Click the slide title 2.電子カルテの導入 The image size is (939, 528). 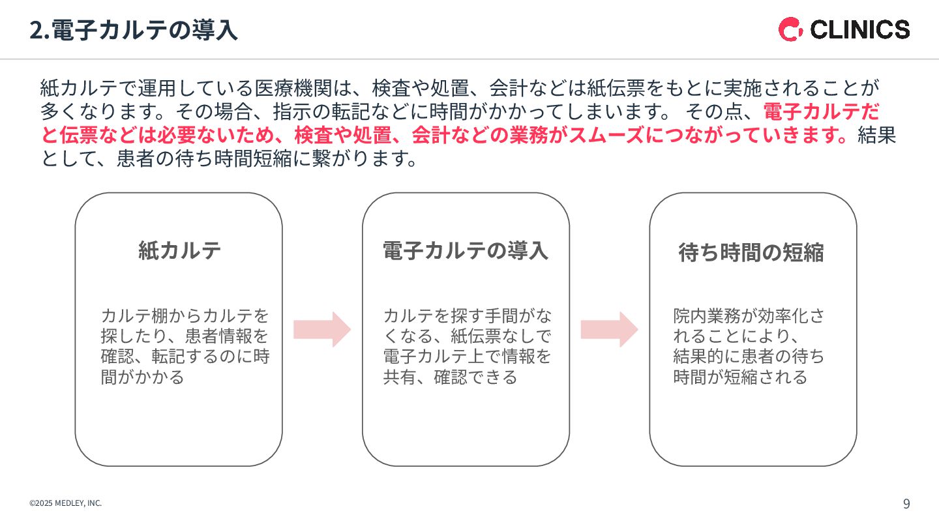coord(133,30)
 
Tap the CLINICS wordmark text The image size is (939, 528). coord(859,30)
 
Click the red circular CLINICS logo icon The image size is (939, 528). coord(790,30)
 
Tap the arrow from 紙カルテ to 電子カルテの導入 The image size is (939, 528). coord(322,329)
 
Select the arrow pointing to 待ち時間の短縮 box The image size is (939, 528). coord(609,329)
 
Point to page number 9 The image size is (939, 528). coord(906,503)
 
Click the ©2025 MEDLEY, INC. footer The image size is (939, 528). coord(65,503)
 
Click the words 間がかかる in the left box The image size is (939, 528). coord(143,377)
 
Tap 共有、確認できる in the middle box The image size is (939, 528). coord(450,377)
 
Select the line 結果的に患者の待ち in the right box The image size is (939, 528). coord(749,357)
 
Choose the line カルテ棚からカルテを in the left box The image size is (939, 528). coord(185,316)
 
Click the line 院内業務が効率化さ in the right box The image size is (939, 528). coord(749,316)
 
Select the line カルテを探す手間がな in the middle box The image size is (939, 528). coord(467,316)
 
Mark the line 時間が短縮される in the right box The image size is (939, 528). coord(740,377)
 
